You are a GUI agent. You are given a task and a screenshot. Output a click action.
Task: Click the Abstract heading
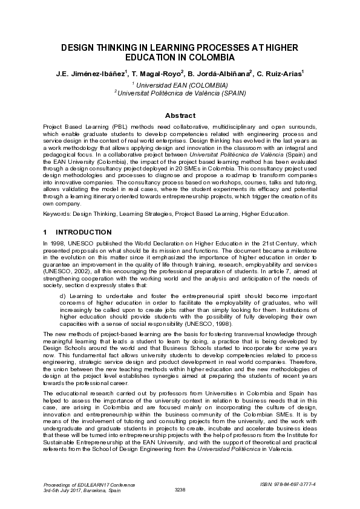coord(180,115)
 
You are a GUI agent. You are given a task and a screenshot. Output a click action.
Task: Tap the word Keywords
coord(58,213)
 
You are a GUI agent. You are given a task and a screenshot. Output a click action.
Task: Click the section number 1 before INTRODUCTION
coord(46,232)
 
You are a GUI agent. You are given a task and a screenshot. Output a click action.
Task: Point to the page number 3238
coord(180,489)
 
